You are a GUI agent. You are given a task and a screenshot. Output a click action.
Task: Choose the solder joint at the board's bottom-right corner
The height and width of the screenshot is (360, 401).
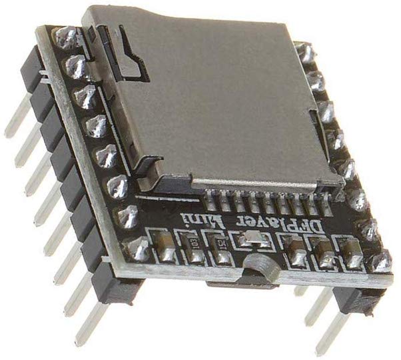tap(380, 262)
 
